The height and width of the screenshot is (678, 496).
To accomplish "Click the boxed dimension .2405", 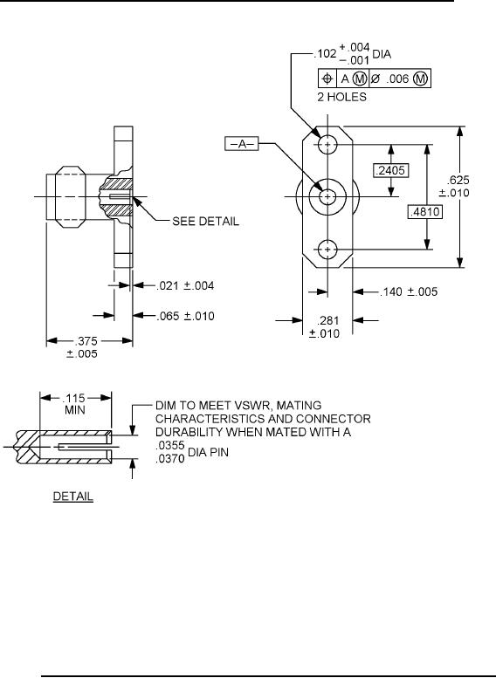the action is tap(391, 170).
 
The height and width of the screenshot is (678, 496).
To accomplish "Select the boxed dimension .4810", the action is tap(425, 211).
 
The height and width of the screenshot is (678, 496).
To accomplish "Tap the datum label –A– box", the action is tap(242, 144).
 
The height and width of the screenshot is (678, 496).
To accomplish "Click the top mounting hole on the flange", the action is tap(327, 144).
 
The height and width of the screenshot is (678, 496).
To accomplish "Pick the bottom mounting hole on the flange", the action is tap(327, 249).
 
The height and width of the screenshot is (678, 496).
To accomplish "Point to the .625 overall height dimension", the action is tap(458, 180).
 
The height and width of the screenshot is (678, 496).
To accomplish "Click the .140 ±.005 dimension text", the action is tap(409, 291).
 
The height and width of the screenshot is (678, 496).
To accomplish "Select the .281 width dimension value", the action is tap(327, 321).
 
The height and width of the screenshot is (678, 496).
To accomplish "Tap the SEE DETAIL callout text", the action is tap(205, 222).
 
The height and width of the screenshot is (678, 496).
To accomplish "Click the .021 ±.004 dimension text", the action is tap(185, 286).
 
